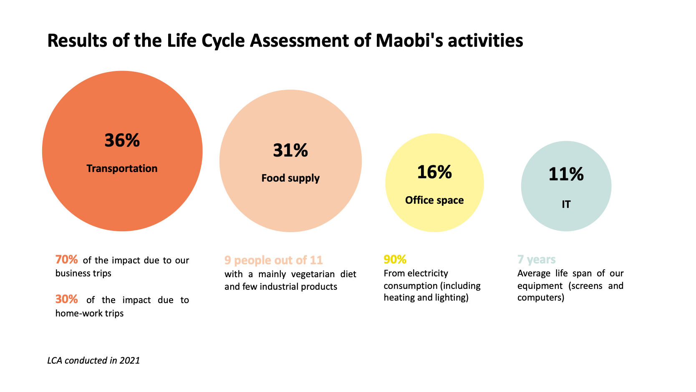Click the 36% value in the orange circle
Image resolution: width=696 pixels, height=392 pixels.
[122, 141]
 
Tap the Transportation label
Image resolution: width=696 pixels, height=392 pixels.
[122, 169]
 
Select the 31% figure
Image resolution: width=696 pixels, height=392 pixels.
[290, 151]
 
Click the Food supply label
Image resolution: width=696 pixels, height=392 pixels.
[290, 178]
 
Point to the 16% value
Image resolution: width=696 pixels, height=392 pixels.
[434, 172]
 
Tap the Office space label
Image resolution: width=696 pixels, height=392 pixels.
[434, 200]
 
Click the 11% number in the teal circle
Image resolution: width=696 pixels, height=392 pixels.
[566, 175]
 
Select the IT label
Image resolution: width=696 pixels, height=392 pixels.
[566, 205]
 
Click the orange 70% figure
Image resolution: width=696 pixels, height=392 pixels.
[66, 260]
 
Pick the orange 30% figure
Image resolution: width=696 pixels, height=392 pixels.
[66, 299]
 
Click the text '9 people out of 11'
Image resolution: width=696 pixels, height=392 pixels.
[273, 260]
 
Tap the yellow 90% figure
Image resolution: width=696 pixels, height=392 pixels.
[395, 260]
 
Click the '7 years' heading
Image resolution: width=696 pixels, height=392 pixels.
[536, 260]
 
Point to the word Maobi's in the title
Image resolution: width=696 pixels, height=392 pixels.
[409, 41]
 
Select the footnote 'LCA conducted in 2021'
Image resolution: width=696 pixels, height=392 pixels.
[93, 361]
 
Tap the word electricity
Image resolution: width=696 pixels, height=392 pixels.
[428, 273]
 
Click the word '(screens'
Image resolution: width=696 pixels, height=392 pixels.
[585, 286]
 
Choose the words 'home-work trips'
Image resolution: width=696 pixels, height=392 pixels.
[89, 314]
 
